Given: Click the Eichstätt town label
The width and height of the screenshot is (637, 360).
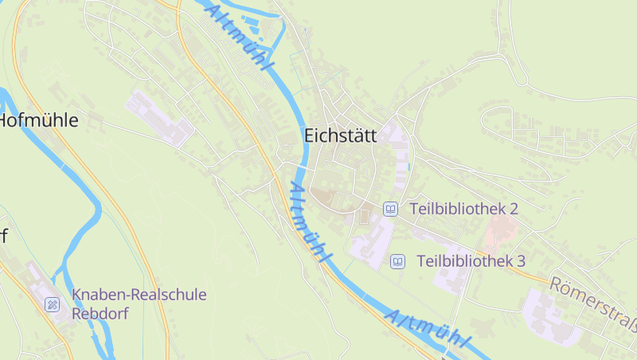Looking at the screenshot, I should point(341,136).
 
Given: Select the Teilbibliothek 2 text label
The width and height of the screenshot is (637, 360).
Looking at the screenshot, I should point(464,209).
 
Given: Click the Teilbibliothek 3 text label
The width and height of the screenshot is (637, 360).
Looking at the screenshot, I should point(471,260).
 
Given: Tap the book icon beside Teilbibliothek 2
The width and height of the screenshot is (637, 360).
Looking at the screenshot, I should point(390,209).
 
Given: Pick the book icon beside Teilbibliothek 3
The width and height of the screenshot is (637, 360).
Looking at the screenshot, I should point(397,260).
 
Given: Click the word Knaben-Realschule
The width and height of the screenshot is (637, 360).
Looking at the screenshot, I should point(139,295).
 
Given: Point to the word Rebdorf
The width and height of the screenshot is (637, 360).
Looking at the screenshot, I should point(100,313).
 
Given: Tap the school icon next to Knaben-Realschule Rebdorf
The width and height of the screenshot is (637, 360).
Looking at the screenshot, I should point(53,304).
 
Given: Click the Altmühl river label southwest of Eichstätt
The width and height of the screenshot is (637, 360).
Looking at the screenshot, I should point(309,222).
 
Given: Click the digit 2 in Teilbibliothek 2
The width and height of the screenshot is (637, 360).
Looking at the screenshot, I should point(514,209).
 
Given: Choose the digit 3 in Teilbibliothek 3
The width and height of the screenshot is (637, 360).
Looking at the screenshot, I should point(521,260).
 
